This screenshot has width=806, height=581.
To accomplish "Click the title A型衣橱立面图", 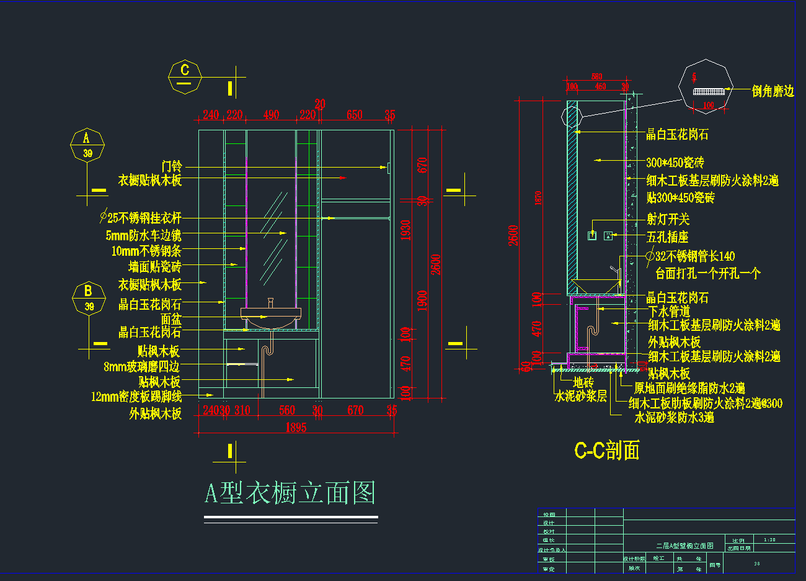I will click(290, 493).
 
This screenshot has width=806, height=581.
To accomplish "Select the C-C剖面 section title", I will click(607, 450).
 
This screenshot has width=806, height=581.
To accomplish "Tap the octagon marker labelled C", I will click(185, 77).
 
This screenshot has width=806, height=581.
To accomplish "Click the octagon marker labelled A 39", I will click(87, 145).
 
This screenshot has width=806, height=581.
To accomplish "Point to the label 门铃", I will click(172, 166).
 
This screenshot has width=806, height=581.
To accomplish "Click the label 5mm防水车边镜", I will click(143, 236).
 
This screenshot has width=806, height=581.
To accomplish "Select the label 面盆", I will click(171, 319).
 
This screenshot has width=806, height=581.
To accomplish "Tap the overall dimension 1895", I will click(296, 427).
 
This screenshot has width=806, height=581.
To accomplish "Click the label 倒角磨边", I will click(773, 91).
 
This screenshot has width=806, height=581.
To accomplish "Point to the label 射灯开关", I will click(668, 219).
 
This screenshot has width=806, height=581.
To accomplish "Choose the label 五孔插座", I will click(667, 237).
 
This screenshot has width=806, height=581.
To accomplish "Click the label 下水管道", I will click(669, 312).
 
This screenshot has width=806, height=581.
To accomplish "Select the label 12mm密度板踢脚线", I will click(136, 397).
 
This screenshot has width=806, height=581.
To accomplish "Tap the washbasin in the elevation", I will click(271, 317).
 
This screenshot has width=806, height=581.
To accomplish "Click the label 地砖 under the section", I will click(583, 382).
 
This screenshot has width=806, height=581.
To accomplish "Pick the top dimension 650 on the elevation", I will click(354, 115).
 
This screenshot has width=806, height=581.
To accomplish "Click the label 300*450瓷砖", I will click(675, 163).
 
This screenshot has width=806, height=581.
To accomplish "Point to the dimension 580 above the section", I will click(596, 76).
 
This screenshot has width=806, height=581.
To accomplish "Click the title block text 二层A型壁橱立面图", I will click(684, 546).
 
